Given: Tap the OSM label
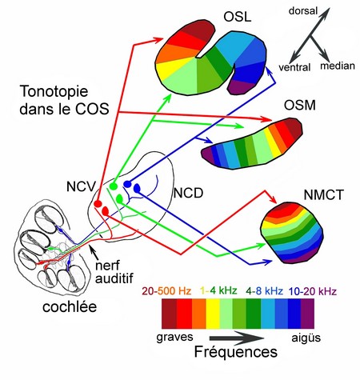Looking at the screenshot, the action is point(299,106).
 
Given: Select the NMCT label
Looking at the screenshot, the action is point(323,195).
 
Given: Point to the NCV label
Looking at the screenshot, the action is point(81,186).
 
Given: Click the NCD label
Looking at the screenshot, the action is point(189,193).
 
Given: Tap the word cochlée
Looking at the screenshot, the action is point(70,307).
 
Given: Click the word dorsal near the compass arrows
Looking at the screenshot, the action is point(303,10).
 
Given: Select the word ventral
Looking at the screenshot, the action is point(294,67).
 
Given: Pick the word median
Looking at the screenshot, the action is point(338,66).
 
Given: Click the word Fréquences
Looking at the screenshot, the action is point(236,352).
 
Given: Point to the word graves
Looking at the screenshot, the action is point(174,337).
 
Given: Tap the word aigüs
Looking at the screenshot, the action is point(306,338).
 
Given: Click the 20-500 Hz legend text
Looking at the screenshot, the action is point(166,291).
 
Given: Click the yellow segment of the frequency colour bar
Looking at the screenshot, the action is point(213,314).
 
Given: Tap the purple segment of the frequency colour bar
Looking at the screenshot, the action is point(307,314).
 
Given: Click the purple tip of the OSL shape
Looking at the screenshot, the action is point(240,87).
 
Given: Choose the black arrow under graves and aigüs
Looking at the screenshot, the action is point(237,338).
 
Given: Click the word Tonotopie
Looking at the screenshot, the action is point(54,91).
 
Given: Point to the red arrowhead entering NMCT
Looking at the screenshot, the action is point(273,198).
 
